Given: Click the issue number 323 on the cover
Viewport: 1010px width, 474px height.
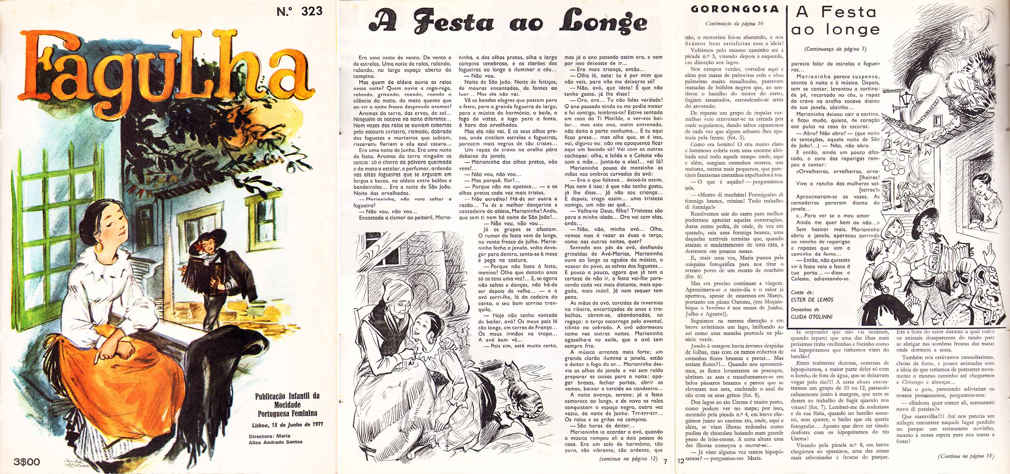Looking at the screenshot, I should point(312,11).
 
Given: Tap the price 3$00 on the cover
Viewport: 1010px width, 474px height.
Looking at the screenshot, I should point(27,462).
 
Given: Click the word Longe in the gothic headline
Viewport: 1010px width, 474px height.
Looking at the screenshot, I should point(603,22).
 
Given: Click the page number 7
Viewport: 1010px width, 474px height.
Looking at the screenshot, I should point(665,462).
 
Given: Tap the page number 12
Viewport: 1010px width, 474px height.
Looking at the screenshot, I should point(681,462).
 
